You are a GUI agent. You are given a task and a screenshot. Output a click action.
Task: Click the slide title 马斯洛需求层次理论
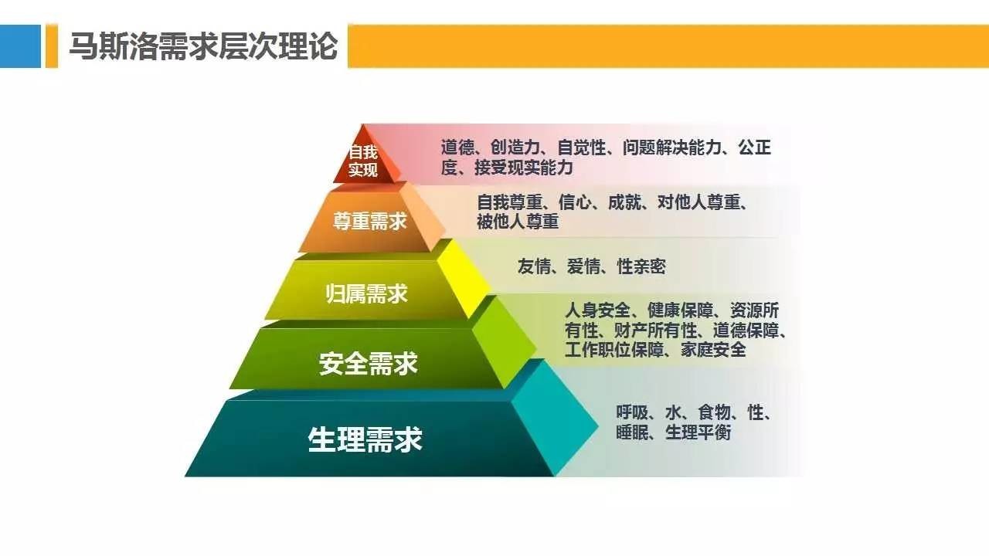[x=203, y=46]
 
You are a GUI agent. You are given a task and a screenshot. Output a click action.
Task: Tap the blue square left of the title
[x=20, y=46]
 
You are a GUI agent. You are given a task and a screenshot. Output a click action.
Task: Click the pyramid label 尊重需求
[x=369, y=222]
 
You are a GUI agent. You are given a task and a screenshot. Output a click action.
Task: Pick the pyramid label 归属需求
[x=366, y=294]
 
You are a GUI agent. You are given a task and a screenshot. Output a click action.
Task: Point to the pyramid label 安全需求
[x=368, y=363]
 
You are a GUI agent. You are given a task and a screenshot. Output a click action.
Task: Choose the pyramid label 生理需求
[x=365, y=439]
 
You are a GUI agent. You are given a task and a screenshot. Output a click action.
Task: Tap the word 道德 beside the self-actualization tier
[x=457, y=147]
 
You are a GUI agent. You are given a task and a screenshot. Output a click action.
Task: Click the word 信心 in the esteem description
[x=576, y=203]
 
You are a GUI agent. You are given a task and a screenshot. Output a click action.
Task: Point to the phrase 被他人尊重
[x=517, y=222]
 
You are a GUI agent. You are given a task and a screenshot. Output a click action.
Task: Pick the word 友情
[x=534, y=267]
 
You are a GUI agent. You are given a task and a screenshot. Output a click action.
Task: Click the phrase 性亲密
[x=641, y=267]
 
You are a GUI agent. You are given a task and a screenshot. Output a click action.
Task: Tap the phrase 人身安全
[x=598, y=311]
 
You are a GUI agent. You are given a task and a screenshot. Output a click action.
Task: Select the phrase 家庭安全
[x=713, y=350]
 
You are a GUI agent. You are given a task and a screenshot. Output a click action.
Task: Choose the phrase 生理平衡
[x=698, y=432]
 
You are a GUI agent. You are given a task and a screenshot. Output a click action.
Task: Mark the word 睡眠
[x=632, y=432]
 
